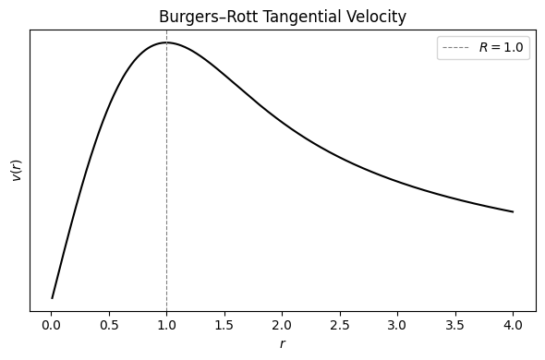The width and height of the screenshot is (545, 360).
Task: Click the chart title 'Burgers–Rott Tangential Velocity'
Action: [283, 17]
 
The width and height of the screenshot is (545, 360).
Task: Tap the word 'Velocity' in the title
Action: [374, 17]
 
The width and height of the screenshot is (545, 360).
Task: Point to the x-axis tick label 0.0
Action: [51, 325]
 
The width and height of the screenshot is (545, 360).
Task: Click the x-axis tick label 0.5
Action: [109, 325]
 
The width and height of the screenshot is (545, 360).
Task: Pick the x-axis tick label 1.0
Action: [166, 325]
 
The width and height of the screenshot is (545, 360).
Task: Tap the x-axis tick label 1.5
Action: [224, 325]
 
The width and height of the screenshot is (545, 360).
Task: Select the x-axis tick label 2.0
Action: [282, 325]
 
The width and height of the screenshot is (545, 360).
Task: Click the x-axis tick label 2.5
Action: [340, 325]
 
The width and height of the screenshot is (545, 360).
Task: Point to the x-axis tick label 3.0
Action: [397, 325]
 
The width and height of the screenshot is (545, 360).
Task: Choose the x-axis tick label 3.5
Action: [455, 325]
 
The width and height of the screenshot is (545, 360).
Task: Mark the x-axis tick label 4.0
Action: [513, 325]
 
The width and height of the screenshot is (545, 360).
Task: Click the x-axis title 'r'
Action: [283, 344]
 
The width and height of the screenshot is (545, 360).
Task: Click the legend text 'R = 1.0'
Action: [503, 49]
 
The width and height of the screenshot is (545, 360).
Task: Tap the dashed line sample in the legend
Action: [457, 49]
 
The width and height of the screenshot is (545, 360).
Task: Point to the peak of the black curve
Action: [166, 42]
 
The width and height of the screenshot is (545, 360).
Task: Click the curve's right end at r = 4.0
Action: [513, 212]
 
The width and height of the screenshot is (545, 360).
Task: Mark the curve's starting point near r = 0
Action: [53, 298]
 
